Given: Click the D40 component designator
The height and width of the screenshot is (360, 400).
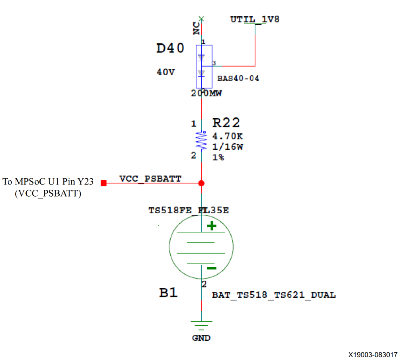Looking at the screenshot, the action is click(x=170, y=48).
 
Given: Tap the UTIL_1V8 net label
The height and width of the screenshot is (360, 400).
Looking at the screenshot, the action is click(x=255, y=19).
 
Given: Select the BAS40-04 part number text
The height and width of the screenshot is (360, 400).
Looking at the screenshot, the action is click(x=238, y=78).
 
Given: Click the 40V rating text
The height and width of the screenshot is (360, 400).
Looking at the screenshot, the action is click(x=165, y=72).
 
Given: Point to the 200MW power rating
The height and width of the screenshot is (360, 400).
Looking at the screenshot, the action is click(x=206, y=93).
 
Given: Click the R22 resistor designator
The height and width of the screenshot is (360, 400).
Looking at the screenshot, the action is click(x=226, y=123).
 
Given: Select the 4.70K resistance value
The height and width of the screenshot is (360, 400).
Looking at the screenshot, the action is click(x=228, y=136).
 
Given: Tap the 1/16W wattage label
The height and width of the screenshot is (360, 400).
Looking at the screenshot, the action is click(x=228, y=147).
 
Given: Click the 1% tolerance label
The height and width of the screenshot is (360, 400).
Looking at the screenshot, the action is click(x=218, y=157).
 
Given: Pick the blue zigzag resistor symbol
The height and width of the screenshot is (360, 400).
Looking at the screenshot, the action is click(x=202, y=140).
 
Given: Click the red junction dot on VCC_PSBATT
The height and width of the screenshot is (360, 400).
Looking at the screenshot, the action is click(x=201, y=183).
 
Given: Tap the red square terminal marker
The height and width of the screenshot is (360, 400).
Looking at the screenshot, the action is click(x=104, y=183).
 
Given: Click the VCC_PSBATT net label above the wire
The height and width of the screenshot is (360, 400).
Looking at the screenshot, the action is click(x=150, y=179).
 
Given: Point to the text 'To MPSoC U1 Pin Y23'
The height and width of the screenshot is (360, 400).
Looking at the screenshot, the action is click(x=48, y=181).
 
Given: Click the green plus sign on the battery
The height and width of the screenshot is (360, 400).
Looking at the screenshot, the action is click(x=212, y=226).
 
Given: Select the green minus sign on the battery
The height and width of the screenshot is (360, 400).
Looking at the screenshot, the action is click(x=212, y=268).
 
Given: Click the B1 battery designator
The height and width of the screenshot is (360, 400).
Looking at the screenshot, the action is click(x=168, y=293).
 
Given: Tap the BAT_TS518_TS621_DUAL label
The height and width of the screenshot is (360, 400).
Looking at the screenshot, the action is click(x=274, y=295).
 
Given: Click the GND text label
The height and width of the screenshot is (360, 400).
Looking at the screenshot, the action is click(x=201, y=338).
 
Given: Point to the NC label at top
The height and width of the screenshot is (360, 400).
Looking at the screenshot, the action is click(x=196, y=28).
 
